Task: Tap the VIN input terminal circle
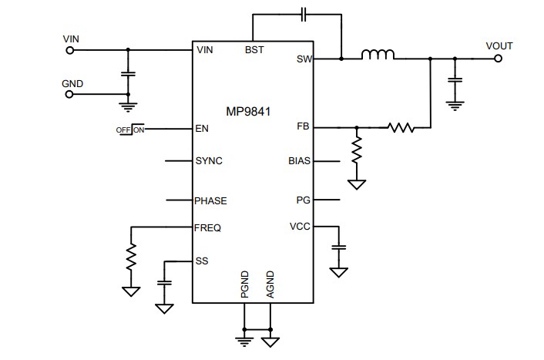[x=70, y=49]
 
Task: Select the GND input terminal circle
[x=70, y=95]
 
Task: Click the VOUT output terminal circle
[x=497, y=58]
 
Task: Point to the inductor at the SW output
[x=378, y=55]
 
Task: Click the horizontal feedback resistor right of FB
[x=400, y=127]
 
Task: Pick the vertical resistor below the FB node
[x=356, y=151]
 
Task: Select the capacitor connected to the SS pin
[x=163, y=282]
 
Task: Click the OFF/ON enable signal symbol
[x=130, y=129]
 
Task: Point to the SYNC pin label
[x=210, y=162]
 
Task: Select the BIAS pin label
[x=299, y=162]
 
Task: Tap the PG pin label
[x=304, y=200]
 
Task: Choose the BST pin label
[x=254, y=49]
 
